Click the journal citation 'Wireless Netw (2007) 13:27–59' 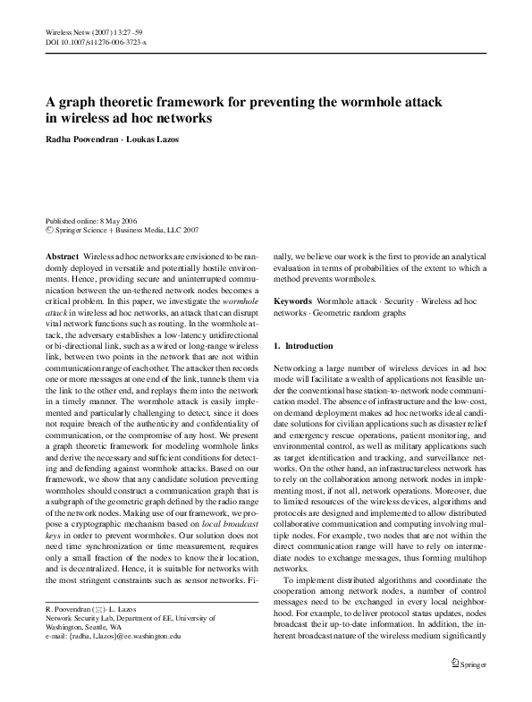coord(93,31)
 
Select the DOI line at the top coord(96,41)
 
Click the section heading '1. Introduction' coord(303,345)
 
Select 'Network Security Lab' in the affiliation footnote coord(80,619)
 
